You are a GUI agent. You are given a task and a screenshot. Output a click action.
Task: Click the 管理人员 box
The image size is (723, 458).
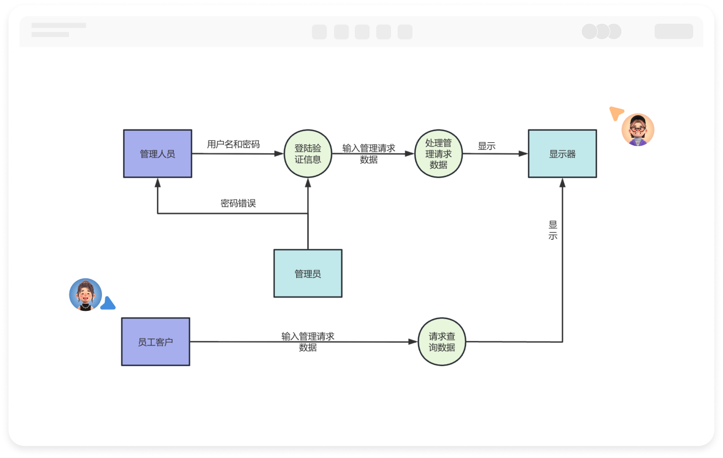tap(157, 154)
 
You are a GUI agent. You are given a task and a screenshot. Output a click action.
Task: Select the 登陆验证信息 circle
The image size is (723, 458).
tap(308, 154)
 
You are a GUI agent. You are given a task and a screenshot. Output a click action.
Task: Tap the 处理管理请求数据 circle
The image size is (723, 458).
tap(438, 154)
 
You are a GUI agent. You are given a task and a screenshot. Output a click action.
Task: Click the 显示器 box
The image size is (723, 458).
tap(562, 154)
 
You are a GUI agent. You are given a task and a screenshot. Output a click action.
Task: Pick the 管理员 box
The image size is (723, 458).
tap(308, 273)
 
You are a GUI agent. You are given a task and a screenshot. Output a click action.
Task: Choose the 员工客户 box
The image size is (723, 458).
tap(156, 342)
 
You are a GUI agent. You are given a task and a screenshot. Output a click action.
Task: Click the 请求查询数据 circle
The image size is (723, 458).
tap(442, 342)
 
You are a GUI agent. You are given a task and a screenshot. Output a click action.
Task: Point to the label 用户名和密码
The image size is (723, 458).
tap(233, 144)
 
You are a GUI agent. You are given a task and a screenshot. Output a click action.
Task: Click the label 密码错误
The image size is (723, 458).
tap(238, 203)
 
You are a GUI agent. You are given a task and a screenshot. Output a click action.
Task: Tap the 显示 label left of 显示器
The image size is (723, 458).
tap(486, 146)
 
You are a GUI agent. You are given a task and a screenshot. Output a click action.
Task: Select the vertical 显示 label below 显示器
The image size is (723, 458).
tap(553, 230)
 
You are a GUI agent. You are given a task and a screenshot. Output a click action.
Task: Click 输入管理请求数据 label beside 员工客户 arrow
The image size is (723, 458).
tap(308, 342)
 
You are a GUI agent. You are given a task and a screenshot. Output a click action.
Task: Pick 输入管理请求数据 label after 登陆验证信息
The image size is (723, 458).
tap(368, 154)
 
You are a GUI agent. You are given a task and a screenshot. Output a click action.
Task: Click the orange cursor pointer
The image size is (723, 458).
tap(615, 114)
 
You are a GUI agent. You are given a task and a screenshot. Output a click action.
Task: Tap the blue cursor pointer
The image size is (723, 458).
tap(108, 303)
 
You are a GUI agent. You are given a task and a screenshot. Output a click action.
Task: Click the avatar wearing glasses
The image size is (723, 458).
tap(638, 130)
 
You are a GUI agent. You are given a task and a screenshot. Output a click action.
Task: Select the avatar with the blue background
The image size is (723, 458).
tap(85, 294)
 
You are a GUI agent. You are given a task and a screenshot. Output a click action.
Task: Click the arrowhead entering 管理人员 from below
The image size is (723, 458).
tap(158, 182)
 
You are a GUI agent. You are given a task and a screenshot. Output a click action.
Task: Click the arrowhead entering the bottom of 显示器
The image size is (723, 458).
tap(563, 182)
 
